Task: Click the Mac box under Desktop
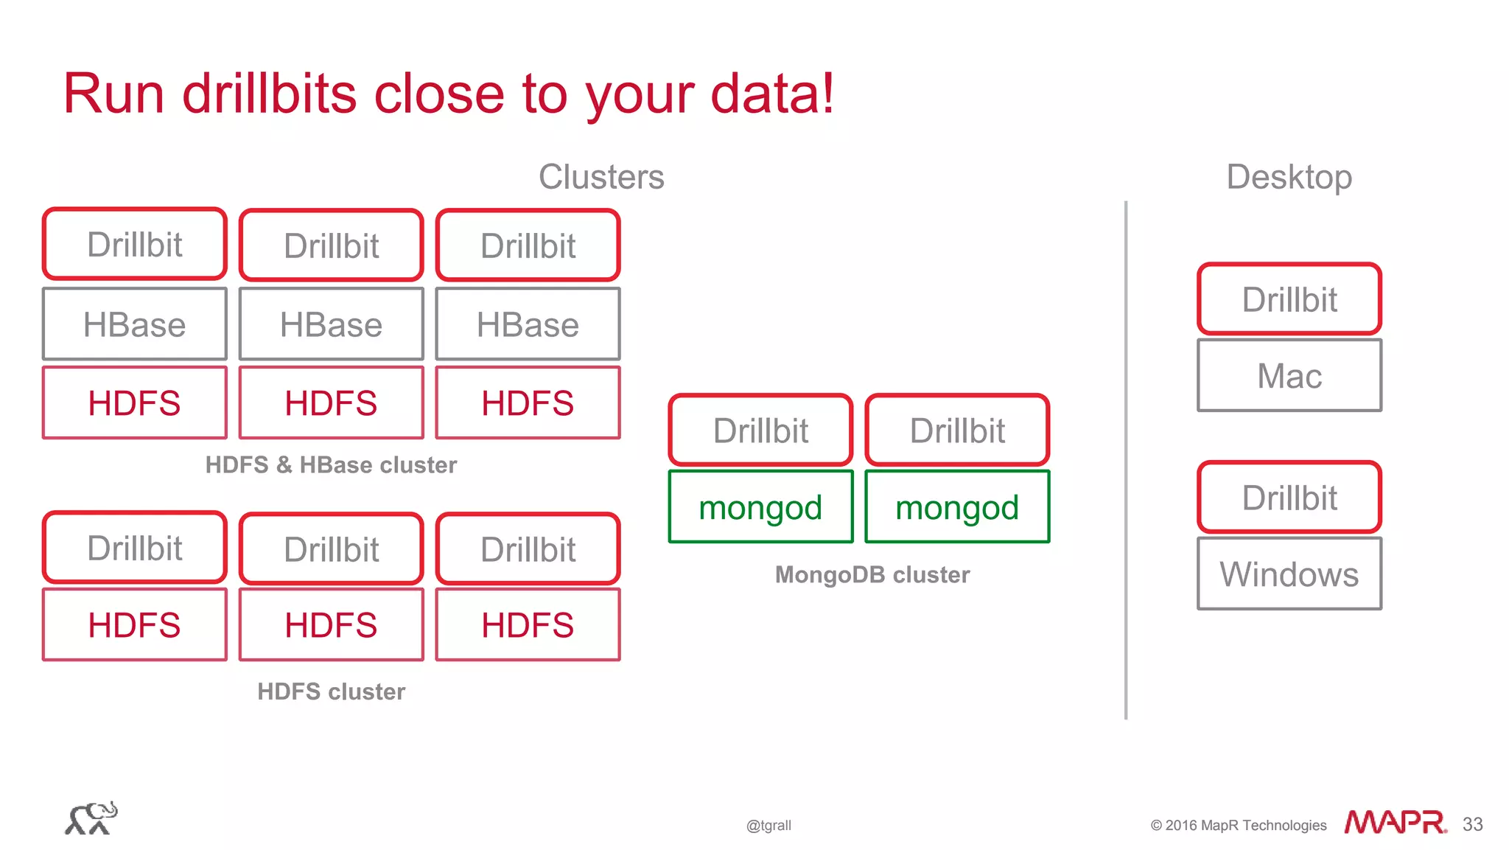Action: click(1289, 375)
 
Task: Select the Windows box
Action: click(1289, 574)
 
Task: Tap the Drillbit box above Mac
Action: click(1289, 299)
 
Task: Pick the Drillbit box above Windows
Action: click(1289, 498)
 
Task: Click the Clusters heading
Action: click(601, 177)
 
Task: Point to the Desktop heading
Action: click(1289, 177)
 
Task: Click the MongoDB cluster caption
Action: click(872, 574)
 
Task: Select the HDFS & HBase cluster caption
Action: click(331, 465)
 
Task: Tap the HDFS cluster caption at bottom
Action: click(331, 692)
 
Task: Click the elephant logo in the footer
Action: click(91, 818)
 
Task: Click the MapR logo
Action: click(1395, 822)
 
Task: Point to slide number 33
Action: click(1472, 824)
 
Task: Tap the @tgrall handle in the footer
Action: click(768, 826)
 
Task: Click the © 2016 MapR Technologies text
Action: click(1238, 826)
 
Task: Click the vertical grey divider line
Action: click(1126, 457)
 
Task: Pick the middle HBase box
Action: click(331, 324)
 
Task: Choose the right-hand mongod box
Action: click(957, 507)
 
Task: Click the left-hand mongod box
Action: click(760, 507)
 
